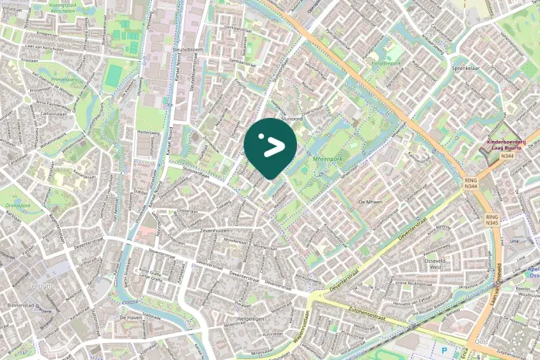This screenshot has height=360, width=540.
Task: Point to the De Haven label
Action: [133, 317]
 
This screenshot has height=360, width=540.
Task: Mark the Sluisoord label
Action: [291, 119]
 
